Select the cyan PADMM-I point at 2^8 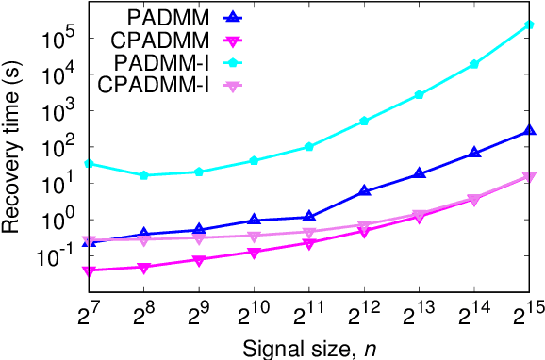[143, 175]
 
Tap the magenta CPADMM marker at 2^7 [88, 271]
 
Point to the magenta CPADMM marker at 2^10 [254, 253]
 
